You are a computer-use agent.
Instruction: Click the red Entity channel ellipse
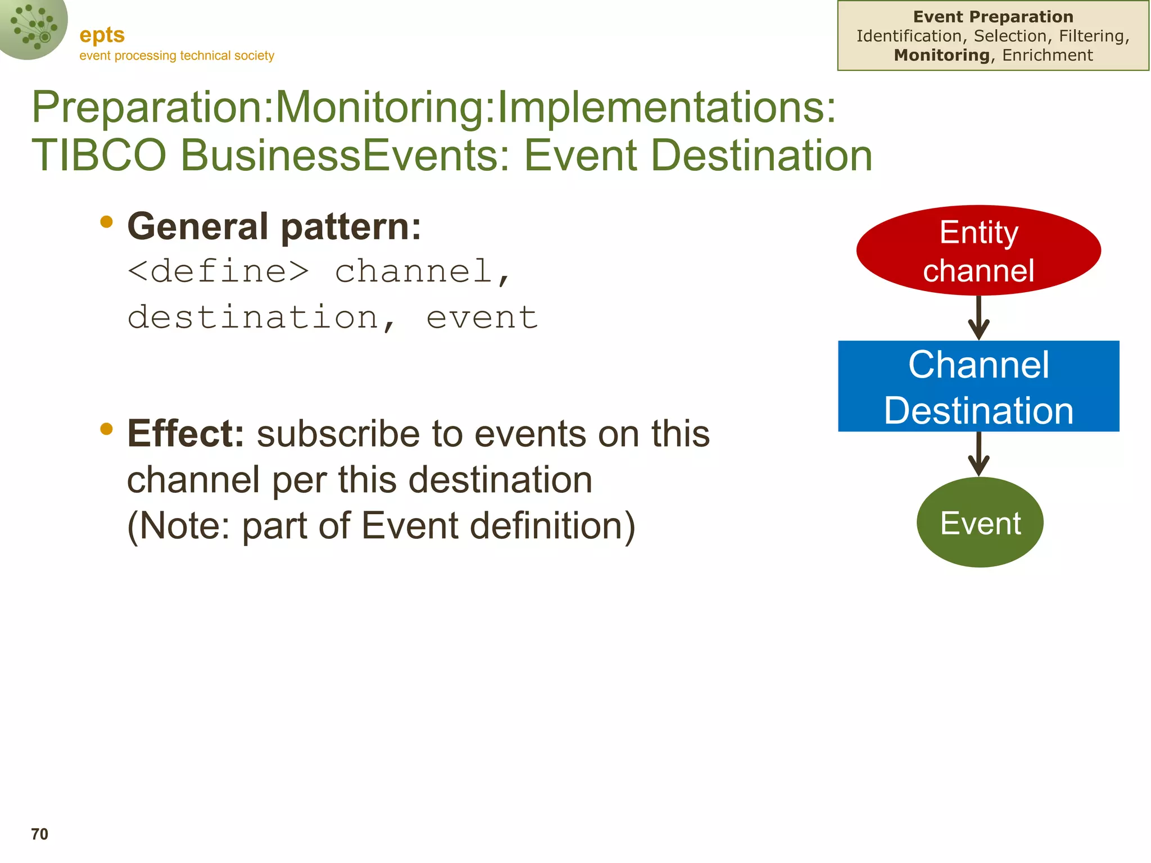pos(978,251)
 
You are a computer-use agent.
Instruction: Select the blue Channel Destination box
pos(978,387)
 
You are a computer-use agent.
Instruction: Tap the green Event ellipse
pos(980,523)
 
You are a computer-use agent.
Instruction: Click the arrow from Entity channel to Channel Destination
pos(978,318)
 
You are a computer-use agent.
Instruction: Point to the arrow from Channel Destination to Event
pos(978,454)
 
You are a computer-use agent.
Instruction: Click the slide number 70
pos(39,834)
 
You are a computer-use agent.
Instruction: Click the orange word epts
pos(102,35)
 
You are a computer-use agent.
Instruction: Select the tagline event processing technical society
pos(176,56)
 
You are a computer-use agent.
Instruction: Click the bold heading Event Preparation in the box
pos(993,17)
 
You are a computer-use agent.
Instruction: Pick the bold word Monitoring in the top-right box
pos(941,55)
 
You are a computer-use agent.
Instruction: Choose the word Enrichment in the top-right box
pos(1048,55)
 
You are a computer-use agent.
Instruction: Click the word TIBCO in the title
pos(99,155)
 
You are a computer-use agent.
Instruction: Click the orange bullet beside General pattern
pos(106,222)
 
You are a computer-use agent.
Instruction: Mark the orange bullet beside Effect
pos(106,429)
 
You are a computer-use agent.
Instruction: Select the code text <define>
pos(218,271)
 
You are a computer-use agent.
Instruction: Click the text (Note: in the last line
pos(179,526)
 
